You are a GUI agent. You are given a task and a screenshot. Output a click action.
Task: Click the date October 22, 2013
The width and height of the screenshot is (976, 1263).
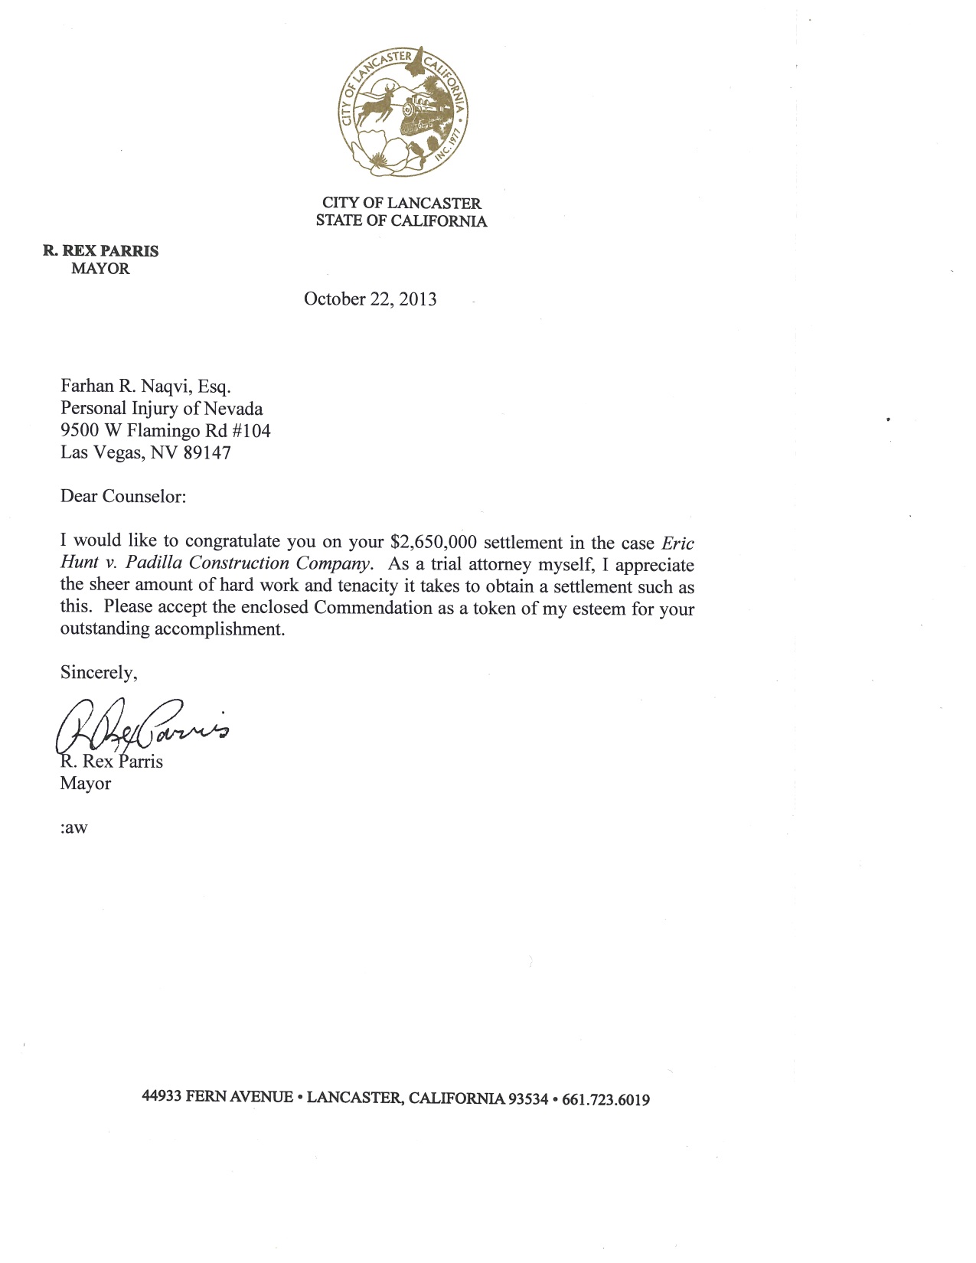pos(370,299)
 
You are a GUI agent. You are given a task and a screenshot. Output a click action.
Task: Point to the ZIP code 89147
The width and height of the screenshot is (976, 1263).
pos(207,452)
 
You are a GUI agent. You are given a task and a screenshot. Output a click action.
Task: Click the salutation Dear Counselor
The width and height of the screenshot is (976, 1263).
pos(122,496)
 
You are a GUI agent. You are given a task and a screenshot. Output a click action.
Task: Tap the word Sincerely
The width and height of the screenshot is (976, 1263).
pos(99,673)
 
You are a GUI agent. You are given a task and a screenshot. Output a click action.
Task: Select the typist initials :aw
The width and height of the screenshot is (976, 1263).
pos(73,828)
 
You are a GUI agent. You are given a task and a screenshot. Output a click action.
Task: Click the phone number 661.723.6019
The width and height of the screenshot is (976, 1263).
pos(606,1100)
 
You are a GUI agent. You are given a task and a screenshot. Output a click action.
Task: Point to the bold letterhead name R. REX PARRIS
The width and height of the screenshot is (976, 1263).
pos(100,251)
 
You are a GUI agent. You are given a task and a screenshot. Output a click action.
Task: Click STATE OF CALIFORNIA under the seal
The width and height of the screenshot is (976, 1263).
pos(401,221)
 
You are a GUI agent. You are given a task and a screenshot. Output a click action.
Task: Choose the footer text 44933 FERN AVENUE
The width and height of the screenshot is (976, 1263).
pos(217,1097)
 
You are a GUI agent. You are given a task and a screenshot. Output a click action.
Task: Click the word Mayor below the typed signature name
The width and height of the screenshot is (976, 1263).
pos(85,784)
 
